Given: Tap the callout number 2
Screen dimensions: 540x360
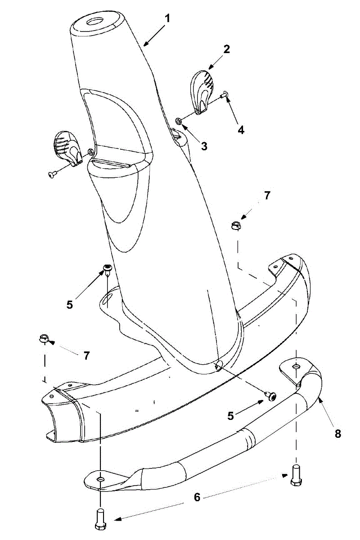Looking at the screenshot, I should click(x=226, y=49).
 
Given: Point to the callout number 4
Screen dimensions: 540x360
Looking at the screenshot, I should click(x=241, y=130).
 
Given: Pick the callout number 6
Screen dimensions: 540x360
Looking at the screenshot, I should click(x=196, y=497).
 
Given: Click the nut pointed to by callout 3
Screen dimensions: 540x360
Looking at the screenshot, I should click(x=178, y=121).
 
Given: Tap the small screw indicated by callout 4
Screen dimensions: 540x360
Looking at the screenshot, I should click(x=225, y=94).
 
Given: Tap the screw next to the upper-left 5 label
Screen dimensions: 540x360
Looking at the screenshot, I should click(x=107, y=269).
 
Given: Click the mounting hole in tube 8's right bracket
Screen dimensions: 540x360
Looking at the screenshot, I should click(x=295, y=367).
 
